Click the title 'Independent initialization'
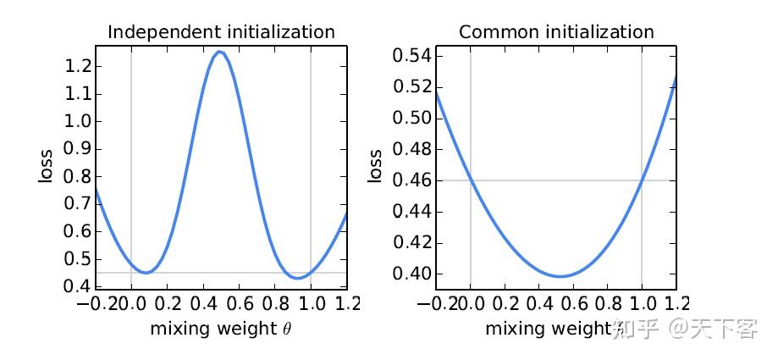(x=220, y=33)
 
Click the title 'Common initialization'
(x=556, y=33)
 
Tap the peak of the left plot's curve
(x=220, y=53)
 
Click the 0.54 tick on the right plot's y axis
(x=411, y=56)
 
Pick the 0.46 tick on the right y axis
(x=411, y=180)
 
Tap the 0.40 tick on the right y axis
(x=411, y=274)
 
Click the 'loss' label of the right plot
(x=374, y=167)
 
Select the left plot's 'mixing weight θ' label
(x=220, y=329)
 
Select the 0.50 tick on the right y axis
(x=411, y=119)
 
